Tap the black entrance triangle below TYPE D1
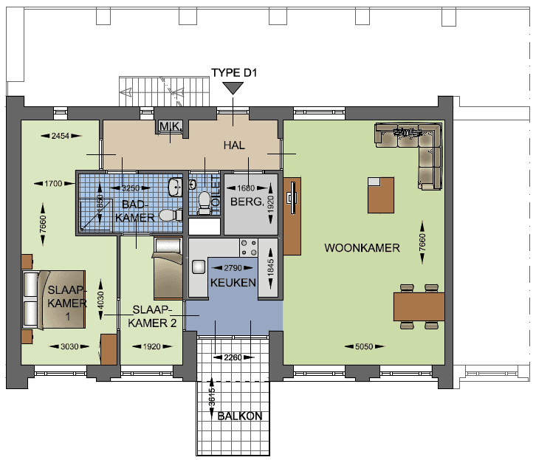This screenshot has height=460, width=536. tap(233, 88)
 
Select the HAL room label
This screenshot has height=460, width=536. tap(234, 145)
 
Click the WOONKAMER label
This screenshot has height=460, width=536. tap(362, 248)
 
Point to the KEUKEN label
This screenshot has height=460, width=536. tap(233, 282)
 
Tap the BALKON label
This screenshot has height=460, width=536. tap(239, 416)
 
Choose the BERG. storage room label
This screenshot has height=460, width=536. tap(247, 201)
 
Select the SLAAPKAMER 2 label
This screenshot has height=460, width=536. tap(152, 315)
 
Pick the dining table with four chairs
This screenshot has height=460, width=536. tap(418, 305)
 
